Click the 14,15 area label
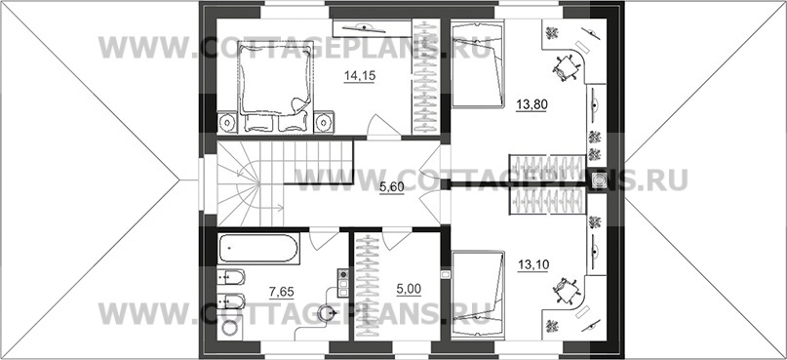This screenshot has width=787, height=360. point(360,75)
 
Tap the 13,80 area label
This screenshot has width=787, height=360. point(531,104)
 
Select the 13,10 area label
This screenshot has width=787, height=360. point(532,264)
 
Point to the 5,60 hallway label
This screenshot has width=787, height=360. point(391,186)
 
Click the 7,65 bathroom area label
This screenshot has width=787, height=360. point(281,291)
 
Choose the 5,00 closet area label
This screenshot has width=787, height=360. point(409,288)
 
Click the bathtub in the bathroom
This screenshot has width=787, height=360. point(259,249)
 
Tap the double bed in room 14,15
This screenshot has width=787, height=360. point(275,88)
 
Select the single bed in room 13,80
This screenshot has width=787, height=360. point(477,63)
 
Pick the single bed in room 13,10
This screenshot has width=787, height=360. point(477,294)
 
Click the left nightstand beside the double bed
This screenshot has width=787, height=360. point(227,122)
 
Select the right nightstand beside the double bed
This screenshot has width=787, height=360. point(324,122)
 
